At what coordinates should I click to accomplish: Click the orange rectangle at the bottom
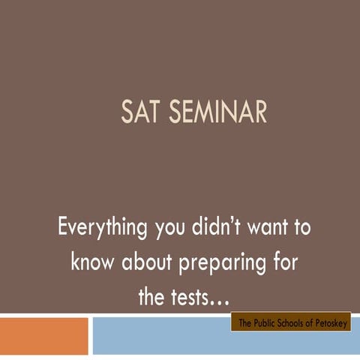(x=43, y=336)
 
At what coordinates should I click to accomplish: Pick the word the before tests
(x=153, y=296)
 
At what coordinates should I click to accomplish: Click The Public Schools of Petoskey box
(x=290, y=323)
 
